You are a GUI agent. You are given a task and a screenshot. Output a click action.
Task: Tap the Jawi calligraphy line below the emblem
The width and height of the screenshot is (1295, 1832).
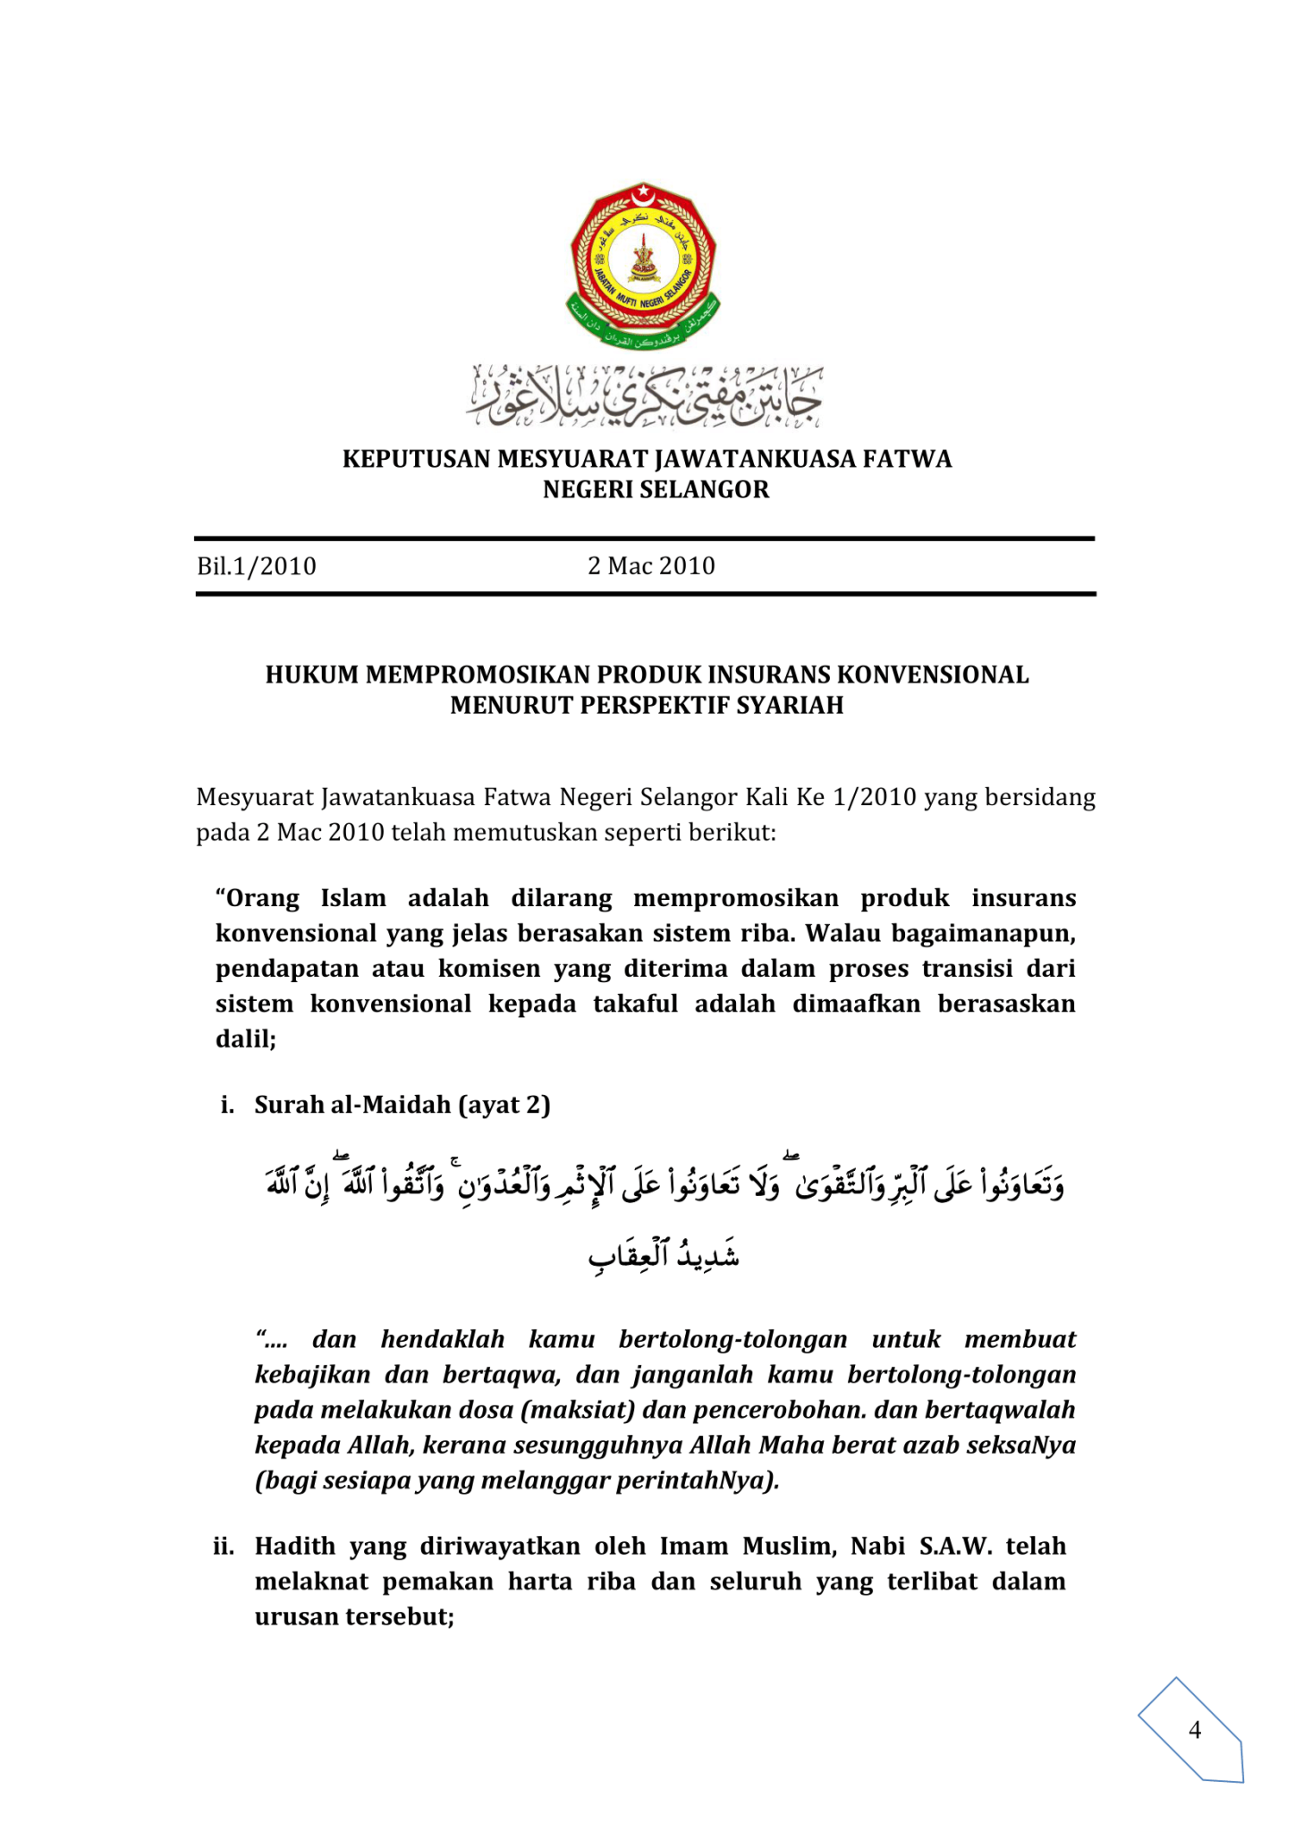click(643, 395)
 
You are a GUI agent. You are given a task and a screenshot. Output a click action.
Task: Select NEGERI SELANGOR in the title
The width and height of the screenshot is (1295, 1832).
click(656, 490)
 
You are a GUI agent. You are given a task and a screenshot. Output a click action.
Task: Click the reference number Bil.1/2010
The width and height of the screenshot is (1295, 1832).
click(257, 566)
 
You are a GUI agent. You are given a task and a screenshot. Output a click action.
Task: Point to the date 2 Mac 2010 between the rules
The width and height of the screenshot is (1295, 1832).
click(651, 566)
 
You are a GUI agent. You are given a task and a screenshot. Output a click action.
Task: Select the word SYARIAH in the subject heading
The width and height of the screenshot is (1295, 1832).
click(789, 706)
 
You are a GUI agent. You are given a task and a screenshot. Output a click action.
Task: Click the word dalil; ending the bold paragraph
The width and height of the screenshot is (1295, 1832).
click(246, 1039)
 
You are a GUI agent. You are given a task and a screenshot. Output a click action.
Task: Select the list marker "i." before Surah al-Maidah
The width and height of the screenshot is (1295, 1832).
click(228, 1106)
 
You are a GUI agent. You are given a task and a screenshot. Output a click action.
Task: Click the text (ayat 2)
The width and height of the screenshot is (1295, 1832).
click(504, 1106)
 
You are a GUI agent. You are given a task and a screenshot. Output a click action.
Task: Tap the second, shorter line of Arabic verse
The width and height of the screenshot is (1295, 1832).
click(664, 1256)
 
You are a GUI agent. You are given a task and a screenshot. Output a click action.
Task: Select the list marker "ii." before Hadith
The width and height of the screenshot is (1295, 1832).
click(224, 1547)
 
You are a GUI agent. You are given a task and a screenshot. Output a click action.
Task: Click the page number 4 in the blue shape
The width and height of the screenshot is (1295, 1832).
click(1194, 1730)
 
